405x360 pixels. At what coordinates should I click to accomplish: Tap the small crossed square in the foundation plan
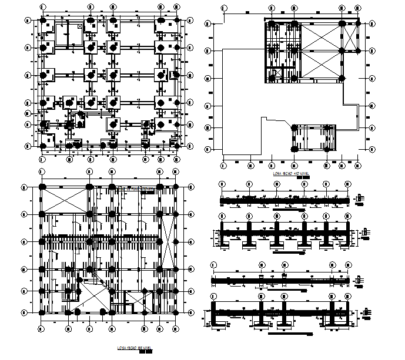[80, 27]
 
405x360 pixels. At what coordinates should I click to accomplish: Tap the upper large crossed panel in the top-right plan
[320, 38]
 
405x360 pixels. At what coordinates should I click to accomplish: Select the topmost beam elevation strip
[284, 201]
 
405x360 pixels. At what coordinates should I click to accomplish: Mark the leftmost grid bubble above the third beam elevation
[213, 264]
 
